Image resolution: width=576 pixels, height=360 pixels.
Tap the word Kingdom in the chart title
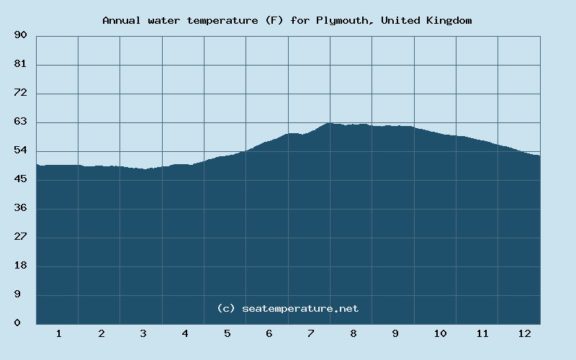(x=448, y=20)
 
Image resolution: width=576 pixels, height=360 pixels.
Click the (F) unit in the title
(x=274, y=20)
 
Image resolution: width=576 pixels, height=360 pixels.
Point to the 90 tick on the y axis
(x=20, y=35)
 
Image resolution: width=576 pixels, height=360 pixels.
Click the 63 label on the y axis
(x=20, y=122)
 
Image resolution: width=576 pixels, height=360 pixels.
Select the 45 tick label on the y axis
(x=20, y=179)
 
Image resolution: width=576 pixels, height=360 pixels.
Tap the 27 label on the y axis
(x=20, y=237)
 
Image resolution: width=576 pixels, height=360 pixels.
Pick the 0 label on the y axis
(x=17, y=323)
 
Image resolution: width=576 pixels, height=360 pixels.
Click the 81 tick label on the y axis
(x=20, y=64)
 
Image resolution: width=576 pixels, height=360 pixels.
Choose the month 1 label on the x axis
(x=58, y=333)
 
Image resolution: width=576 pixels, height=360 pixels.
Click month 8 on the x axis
(x=354, y=333)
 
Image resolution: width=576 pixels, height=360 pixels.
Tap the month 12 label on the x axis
(x=524, y=333)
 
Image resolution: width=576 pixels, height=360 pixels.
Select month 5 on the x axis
(x=227, y=333)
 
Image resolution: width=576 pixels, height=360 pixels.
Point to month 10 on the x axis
(x=440, y=333)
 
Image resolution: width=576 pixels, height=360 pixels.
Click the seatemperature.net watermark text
(x=300, y=308)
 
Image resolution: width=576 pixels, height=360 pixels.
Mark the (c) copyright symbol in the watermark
(x=226, y=308)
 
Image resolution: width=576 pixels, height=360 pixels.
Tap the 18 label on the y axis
(x=20, y=266)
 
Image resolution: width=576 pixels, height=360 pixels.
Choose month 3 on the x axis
(x=143, y=333)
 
